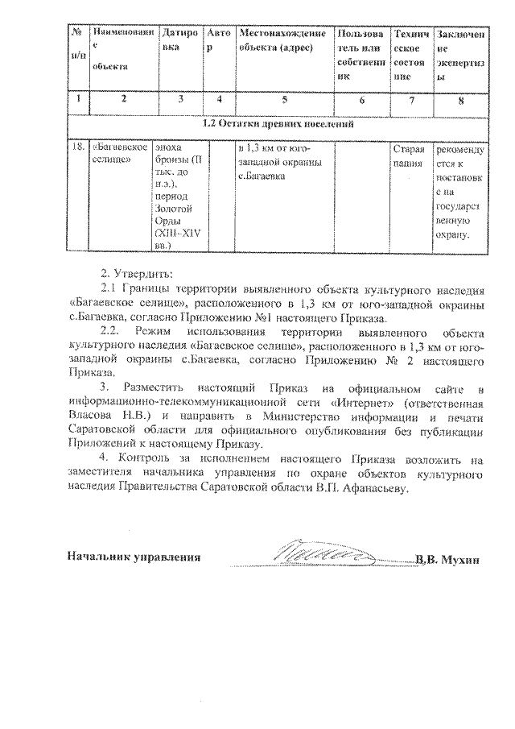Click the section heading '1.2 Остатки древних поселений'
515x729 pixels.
277,124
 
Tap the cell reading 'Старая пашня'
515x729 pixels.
407,155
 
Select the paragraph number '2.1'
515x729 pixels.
111,288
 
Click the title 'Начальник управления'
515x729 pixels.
133,557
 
